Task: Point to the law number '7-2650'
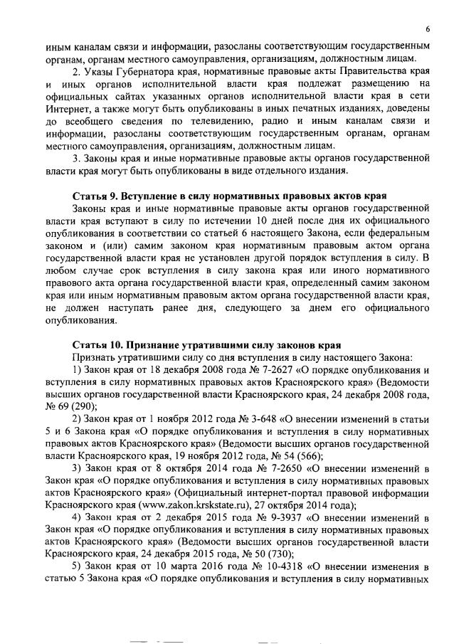[x=264, y=470]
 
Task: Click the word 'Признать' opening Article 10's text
[x=91, y=358]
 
